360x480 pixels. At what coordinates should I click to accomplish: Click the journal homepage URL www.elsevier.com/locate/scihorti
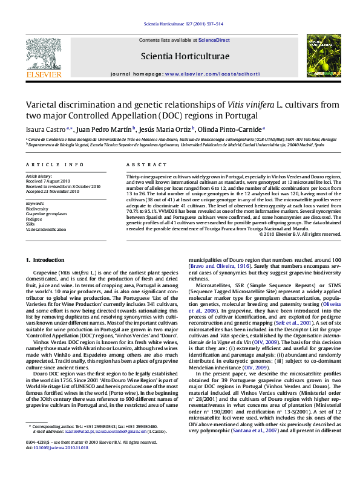tap(202, 74)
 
